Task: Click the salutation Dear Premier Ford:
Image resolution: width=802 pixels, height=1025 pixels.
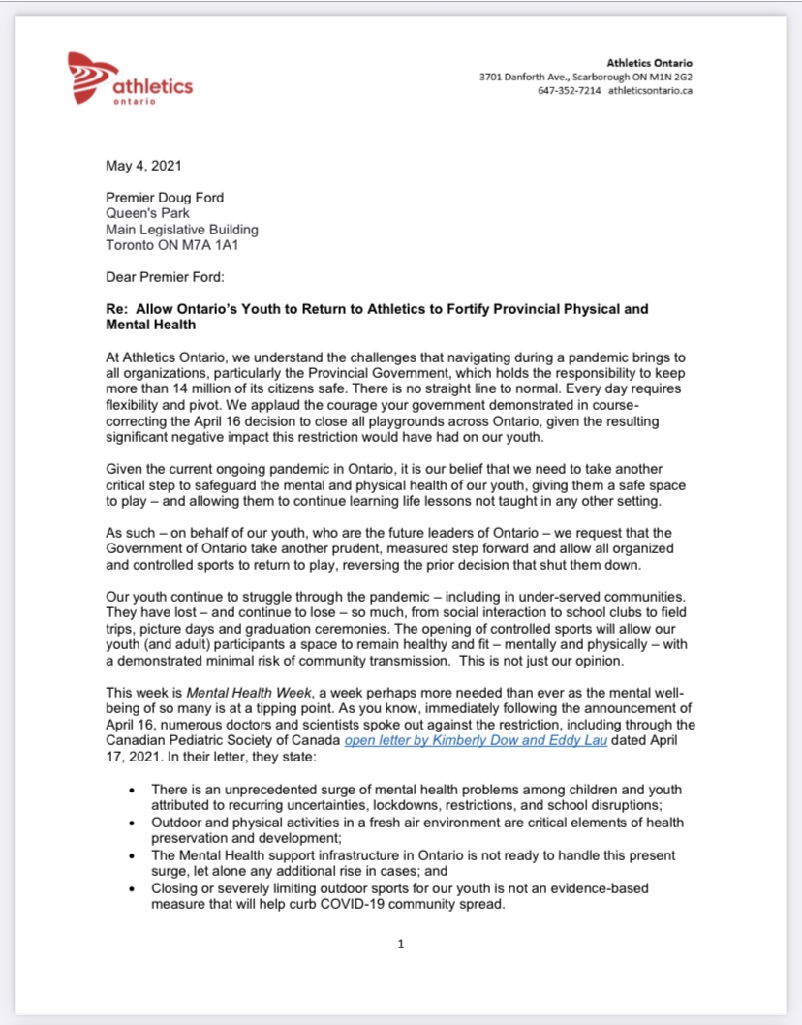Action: (x=166, y=277)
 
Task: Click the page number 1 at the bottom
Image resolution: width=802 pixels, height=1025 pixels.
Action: (x=401, y=945)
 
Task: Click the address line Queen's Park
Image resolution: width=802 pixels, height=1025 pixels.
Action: (x=148, y=213)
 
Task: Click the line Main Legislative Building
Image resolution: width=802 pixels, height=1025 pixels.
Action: (x=182, y=230)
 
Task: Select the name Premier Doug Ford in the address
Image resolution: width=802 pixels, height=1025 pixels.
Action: (x=165, y=198)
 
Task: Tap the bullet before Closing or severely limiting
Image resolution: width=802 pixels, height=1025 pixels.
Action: (x=132, y=888)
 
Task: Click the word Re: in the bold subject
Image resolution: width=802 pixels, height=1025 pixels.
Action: (x=118, y=309)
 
